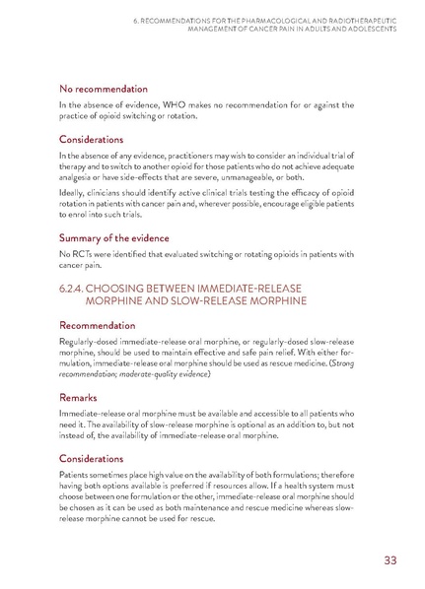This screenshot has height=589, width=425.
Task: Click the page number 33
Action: click(389, 562)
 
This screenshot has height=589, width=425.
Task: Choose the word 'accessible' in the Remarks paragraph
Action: click(260, 414)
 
